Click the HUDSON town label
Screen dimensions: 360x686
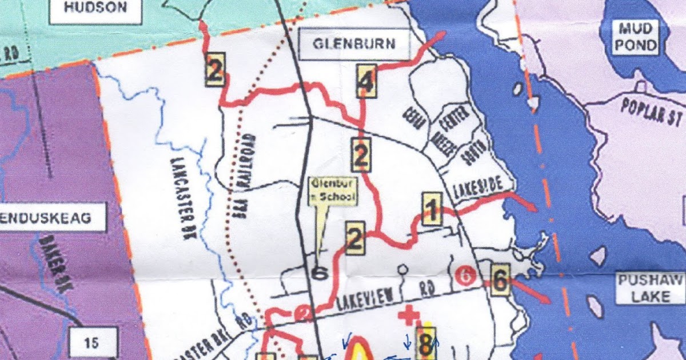[x=95, y=8]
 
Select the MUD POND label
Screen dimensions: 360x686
[x=635, y=37]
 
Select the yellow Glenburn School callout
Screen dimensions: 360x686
[x=333, y=191]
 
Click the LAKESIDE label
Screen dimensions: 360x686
[x=479, y=191]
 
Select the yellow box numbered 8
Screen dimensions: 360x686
[x=425, y=342]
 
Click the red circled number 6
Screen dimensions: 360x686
[x=466, y=276]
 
